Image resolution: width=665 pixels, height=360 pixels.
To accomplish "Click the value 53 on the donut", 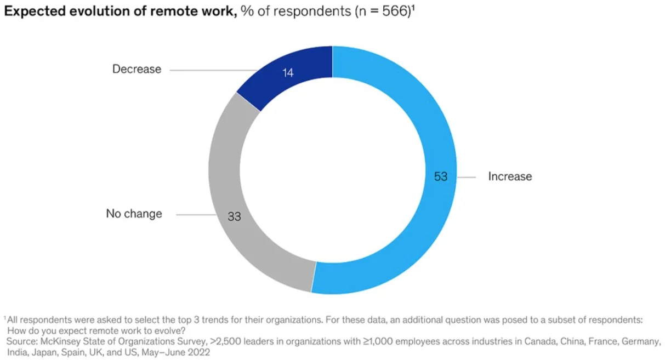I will [x=441, y=176].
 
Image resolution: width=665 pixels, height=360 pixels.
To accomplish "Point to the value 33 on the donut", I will [x=234, y=217].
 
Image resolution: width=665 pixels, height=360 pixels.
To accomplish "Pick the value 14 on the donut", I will [x=288, y=72].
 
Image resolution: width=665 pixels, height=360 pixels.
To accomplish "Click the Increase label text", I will [x=510, y=176].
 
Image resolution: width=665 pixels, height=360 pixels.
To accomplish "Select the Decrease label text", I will [x=137, y=69].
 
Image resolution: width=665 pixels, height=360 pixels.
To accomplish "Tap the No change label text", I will [x=134, y=214].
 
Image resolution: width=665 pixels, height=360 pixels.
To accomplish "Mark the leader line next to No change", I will [x=197, y=214].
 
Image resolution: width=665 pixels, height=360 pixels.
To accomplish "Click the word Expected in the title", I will [x=36, y=13].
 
